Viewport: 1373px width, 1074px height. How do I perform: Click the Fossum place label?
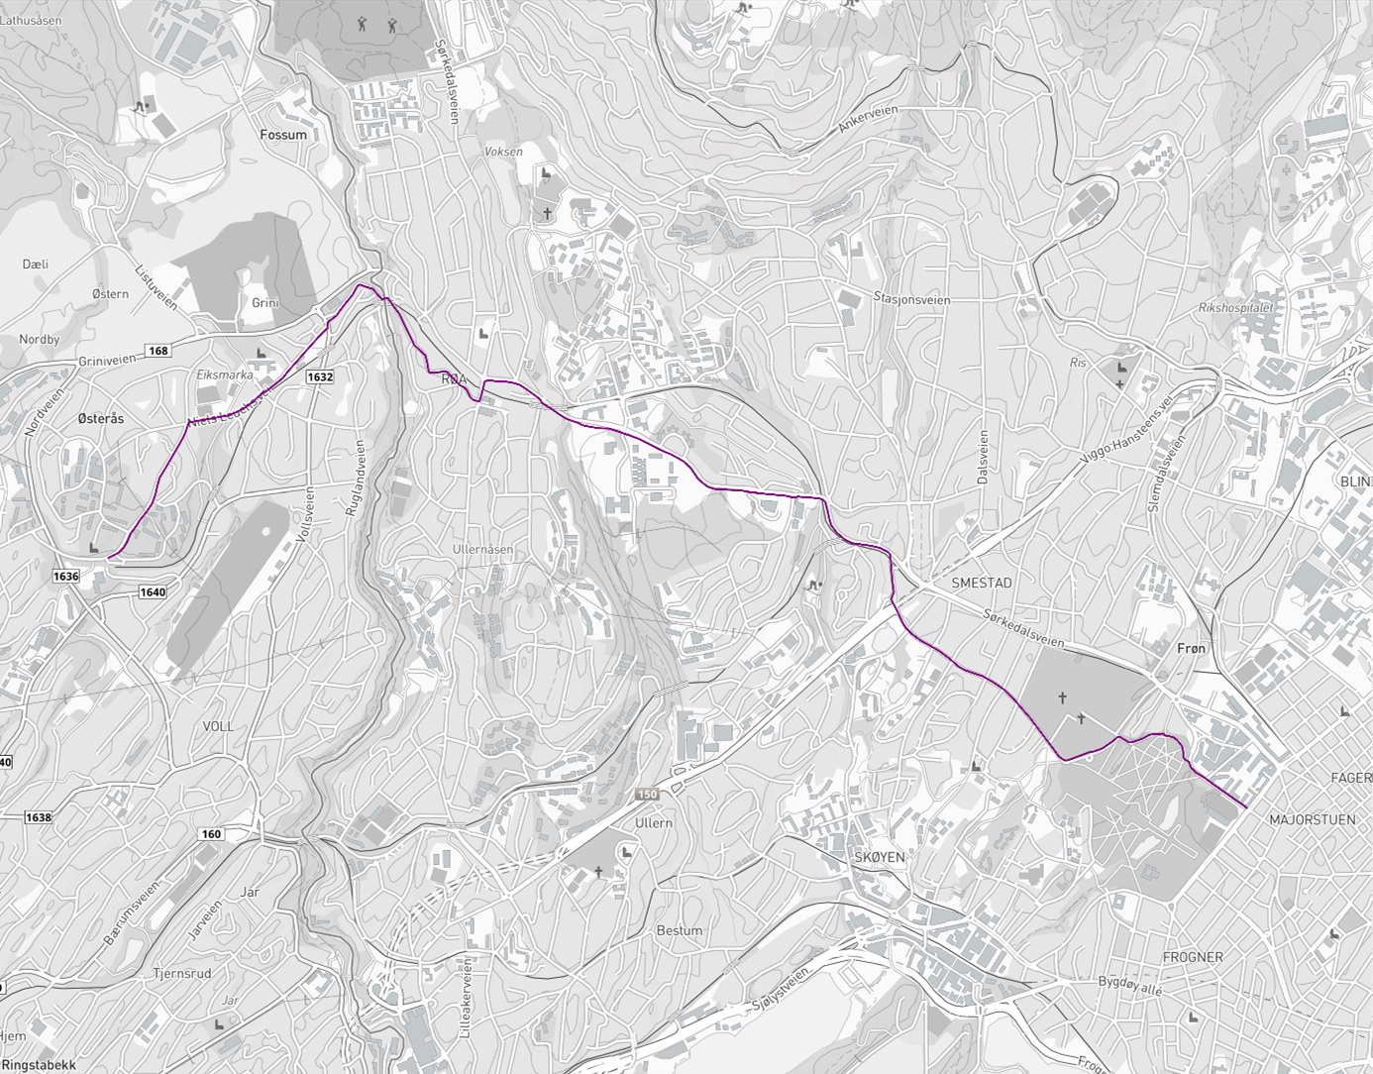(x=283, y=135)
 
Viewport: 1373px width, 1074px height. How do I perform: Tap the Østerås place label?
(x=101, y=419)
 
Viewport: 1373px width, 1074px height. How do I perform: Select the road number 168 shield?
(x=158, y=351)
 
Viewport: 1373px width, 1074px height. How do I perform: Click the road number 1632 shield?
(x=320, y=376)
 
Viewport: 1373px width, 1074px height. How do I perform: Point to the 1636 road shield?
(x=66, y=576)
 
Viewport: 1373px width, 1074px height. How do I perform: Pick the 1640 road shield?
(x=153, y=591)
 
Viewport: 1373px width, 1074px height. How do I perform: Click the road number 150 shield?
(x=647, y=795)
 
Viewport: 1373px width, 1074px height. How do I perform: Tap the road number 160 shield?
(x=211, y=833)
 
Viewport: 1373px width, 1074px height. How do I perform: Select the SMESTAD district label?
(x=981, y=583)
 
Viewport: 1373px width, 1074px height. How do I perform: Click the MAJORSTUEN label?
(x=1312, y=819)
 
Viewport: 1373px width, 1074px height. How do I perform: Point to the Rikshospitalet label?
(x=1234, y=308)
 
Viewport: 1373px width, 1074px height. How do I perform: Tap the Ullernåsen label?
(x=482, y=549)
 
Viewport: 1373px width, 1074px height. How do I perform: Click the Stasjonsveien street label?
(x=911, y=299)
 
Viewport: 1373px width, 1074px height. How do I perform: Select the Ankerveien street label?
(x=867, y=120)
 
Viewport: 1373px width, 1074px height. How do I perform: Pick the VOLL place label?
(x=218, y=726)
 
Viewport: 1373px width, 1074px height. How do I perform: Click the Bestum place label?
(x=679, y=930)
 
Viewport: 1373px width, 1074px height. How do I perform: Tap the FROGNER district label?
(x=1192, y=957)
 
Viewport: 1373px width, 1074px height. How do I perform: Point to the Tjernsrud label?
(x=181, y=973)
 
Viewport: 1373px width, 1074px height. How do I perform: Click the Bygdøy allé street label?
(x=1129, y=986)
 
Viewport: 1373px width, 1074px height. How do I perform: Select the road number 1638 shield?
(x=38, y=817)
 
